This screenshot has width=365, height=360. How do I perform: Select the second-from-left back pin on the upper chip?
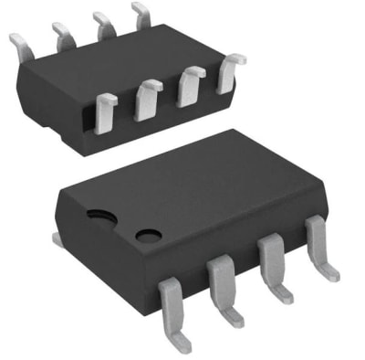(x=64, y=36)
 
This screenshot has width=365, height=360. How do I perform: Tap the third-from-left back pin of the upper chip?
(x=105, y=26)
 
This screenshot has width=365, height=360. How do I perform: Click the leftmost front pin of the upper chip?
(x=106, y=111)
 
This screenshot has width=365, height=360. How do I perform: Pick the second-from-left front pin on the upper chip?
(x=148, y=100)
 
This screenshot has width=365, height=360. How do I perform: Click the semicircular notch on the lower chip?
(x=101, y=216)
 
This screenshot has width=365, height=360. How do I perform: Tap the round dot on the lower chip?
(x=148, y=236)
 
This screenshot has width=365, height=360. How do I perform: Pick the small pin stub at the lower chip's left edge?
(x=56, y=239)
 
